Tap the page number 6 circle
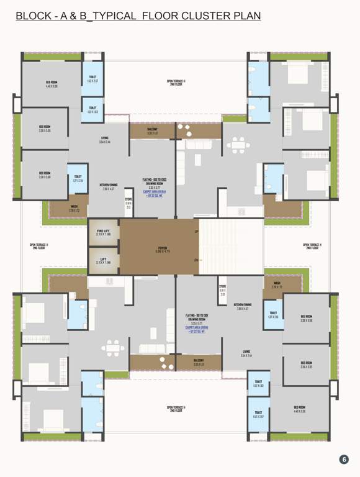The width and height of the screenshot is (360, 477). tap(344, 460)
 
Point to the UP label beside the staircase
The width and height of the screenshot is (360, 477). tap(197, 232)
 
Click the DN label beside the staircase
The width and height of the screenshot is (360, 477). tap(197, 260)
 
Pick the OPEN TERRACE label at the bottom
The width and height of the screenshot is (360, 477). tap(176, 409)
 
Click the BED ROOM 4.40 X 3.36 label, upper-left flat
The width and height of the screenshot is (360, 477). tap(52, 84)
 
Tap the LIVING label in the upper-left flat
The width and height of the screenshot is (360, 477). tap(106, 140)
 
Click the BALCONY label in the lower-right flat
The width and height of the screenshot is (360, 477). tap(199, 361)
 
